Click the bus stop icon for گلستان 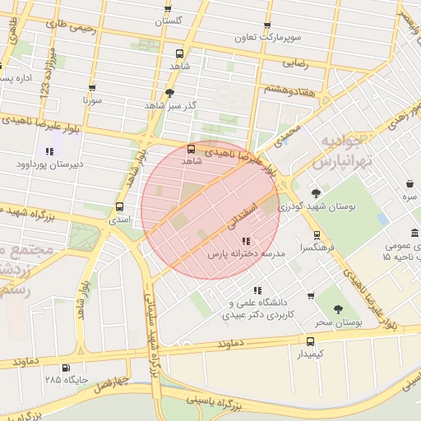pyautogui.click(x=168, y=7)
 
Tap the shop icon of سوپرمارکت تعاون pyautogui.click(x=267, y=25)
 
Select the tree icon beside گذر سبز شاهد pyautogui.click(x=170, y=93)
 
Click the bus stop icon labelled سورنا pyautogui.click(x=91, y=87)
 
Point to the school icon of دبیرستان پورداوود pyautogui.click(x=49, y=151)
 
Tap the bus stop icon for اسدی pyautogui.click(x=121, y=207)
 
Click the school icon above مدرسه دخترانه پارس pyautogui.click(x=245, y=241)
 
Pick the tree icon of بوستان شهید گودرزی pyautogui.click(x=316, y=193)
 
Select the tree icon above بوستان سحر pyautogui.click(x=338, y=309)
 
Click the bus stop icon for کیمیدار pyautogui.click(x=310, y=341)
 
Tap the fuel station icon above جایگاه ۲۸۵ pyautogui.click(x=66, y=368)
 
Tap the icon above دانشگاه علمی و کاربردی pyautogui.click(x=257, y=290)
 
